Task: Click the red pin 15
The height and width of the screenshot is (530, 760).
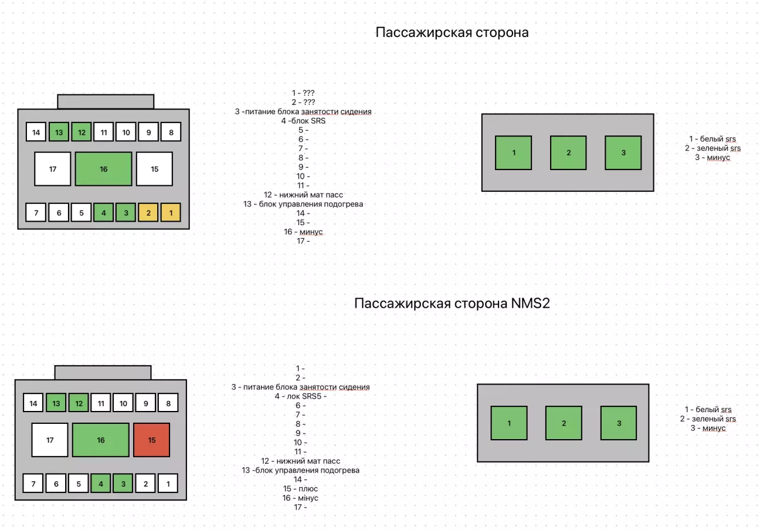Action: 151,440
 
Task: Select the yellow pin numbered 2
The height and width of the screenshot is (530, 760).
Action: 148,212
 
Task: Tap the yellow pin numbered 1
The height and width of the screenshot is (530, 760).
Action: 171,212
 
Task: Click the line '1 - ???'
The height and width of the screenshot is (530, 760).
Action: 303,93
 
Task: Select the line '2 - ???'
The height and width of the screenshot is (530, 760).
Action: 303,102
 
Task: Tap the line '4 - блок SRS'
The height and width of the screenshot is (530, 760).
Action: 303,121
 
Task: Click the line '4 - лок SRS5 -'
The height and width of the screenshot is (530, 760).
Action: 300,396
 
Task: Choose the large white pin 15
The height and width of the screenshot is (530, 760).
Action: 154,169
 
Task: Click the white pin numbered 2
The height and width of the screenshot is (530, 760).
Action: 146,484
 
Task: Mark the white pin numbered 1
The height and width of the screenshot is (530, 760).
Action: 168,484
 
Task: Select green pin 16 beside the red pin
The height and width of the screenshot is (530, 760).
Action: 101,440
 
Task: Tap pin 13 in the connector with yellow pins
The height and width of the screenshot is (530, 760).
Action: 59,132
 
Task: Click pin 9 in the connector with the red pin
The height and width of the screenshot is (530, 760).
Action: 146,403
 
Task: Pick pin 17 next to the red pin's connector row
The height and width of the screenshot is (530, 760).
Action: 50,440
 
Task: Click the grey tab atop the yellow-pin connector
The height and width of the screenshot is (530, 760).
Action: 106,101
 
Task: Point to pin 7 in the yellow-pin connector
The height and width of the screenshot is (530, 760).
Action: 36,212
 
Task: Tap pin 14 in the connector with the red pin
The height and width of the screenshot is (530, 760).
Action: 33,403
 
